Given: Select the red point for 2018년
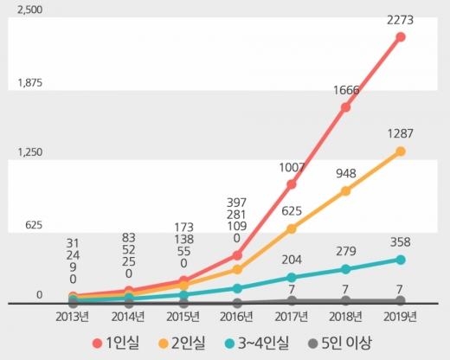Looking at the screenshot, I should pos(345,107).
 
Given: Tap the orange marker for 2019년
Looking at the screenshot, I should pos(401,151).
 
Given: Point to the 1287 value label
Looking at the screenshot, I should pos(401,134).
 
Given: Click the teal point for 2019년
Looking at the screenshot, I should pos(401,260).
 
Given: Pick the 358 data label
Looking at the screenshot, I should pos(401,241).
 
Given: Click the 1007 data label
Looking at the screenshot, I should pos(292,166).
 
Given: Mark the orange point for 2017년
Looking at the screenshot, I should pos(291,228).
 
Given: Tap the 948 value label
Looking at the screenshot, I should pos(345,172).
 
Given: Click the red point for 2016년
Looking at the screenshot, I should pos(236,255).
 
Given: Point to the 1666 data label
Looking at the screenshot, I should pos(345,89).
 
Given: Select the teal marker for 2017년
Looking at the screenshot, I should pos(291,278).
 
